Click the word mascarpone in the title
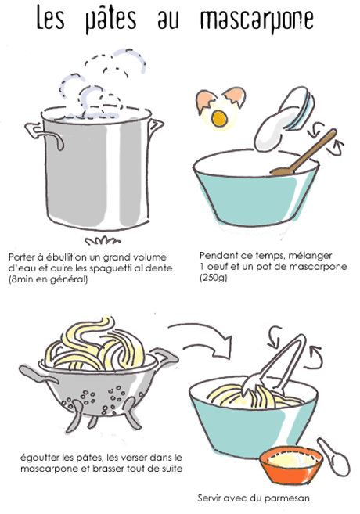[x=257, y=20]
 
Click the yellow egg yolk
[x=219, y=119]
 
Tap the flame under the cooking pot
[x=103, y=240]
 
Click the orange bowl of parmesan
[x=291, y=465]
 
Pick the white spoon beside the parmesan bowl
[x=334, y=458]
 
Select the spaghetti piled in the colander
[x=97, y=344]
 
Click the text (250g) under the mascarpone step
[x=214, y=278]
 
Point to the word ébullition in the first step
[x=67, y=257]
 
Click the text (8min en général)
[x=49, y=279]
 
